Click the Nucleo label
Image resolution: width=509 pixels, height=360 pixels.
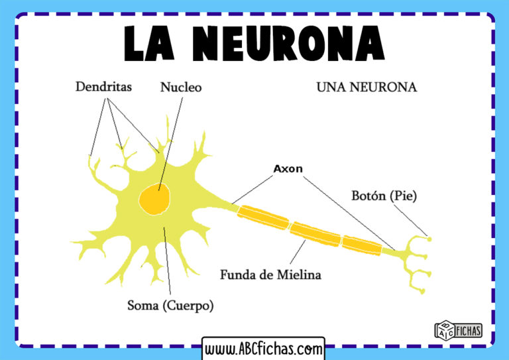(x=180, y=87)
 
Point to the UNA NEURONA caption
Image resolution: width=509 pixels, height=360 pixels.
(x=366, y=88)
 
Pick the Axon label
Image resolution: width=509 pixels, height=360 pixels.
(x=288, y=168)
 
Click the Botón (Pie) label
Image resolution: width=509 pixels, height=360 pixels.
(x=384, y=196)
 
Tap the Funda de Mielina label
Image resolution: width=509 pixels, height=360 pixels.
(x=270, y=274)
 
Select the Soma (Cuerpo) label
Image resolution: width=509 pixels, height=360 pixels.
(x=170, y=306)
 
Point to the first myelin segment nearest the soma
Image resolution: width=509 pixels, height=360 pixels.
(x=264, y=220)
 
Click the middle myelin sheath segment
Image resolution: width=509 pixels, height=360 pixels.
(x=314, y=233)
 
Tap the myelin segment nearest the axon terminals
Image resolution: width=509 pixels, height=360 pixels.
(x=362, y=245)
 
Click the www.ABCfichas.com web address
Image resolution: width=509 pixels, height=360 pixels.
(x=263, y=348)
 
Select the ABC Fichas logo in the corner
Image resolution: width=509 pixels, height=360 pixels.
(x=457, y=330)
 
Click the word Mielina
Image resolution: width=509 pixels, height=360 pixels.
(x=299, y=274)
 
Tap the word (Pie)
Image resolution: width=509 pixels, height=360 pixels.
(x=404, y=196)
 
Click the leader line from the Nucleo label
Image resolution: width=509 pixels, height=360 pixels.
(x=169, y=140)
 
